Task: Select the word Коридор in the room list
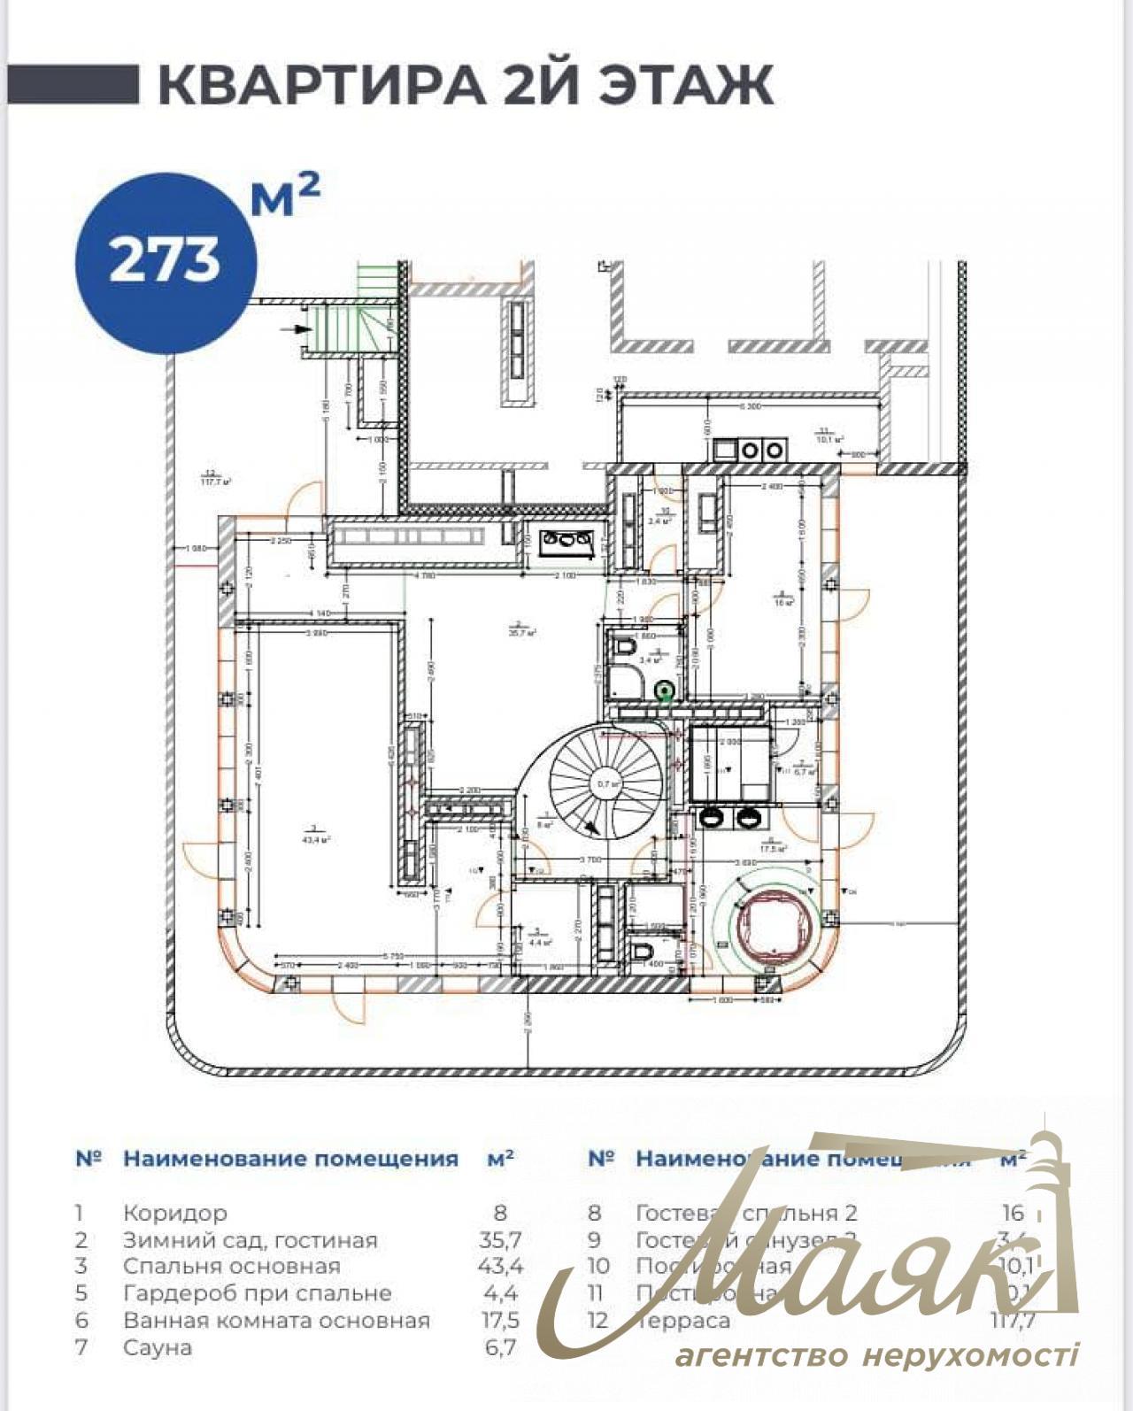pyautogui.click(x=175, y=1213)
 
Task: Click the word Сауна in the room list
pyautogui.click(x=158, y=1347)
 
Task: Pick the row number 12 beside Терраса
pyautogui.click(x=598, y=1321)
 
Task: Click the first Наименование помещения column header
pyautogui.click(x=290, y=1159)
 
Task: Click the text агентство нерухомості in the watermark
pyautogui.click(x=876, y=1354)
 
